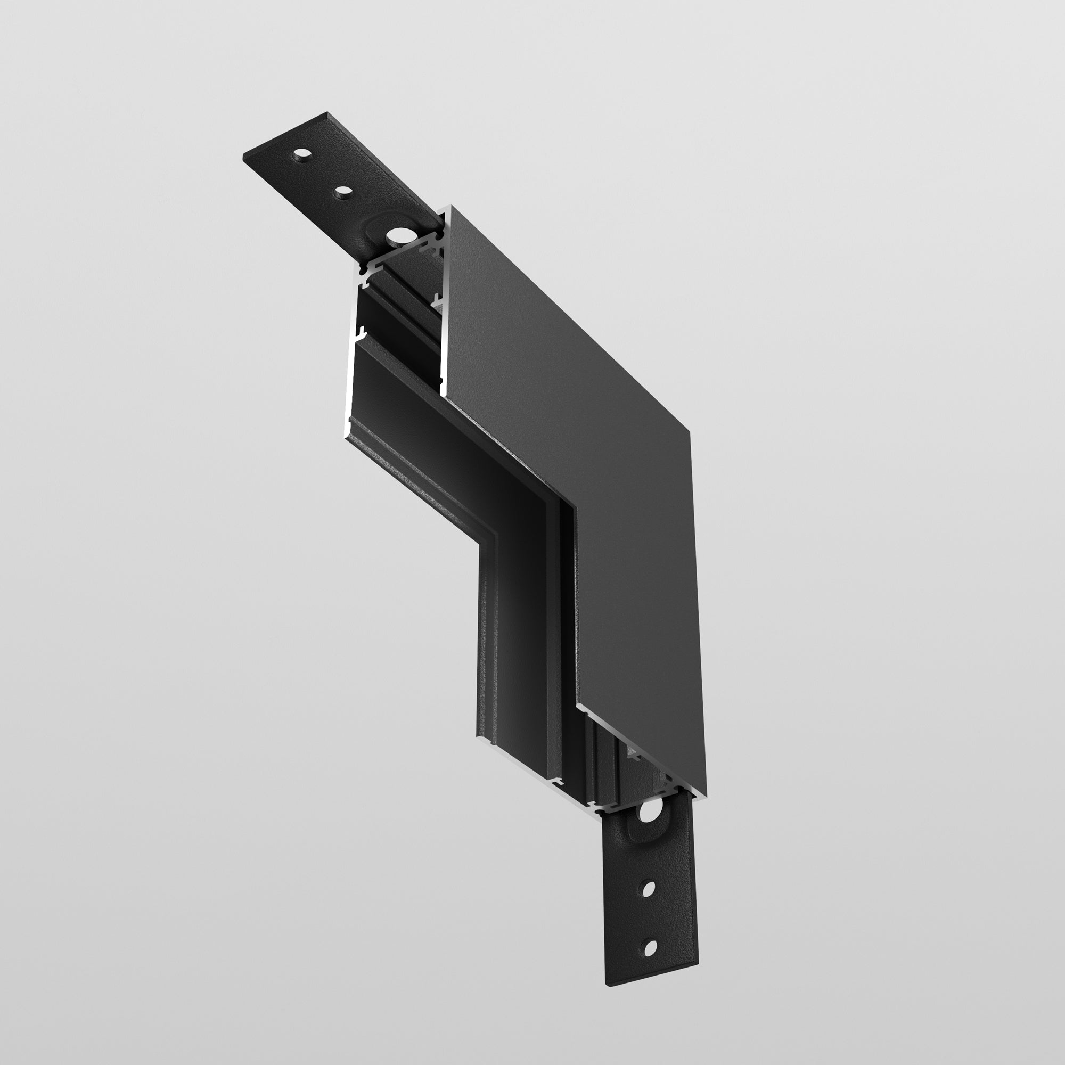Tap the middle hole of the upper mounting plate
click(x=343, y=192)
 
